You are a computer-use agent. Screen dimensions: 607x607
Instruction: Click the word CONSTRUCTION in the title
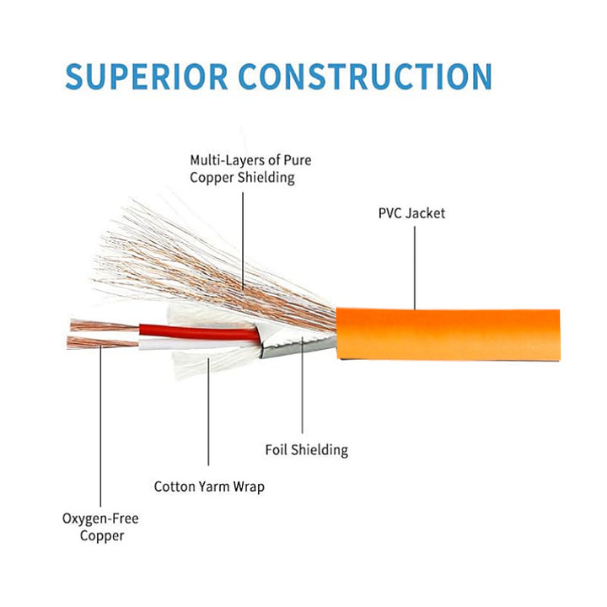click(x=364, y=76)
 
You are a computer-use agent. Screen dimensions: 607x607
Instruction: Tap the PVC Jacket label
click(x=411, y=213)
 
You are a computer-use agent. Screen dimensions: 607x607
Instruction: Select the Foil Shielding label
click(x=306, y=449)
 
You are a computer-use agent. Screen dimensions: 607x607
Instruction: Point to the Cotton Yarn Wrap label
click(x=209, y=486)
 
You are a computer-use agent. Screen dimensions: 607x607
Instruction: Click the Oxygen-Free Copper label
click(x=100, y=527)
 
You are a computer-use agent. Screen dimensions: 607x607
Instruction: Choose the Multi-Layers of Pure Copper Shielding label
click(x=244, y=169)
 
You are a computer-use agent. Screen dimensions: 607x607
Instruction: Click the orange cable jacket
click(x=447, y=334)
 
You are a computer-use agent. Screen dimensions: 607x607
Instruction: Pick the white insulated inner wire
click(x=202, y=344)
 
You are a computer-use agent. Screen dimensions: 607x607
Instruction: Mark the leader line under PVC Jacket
click(x=414, y=266)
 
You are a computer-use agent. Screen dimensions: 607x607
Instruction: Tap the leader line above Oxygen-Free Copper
click(x=100, y=430)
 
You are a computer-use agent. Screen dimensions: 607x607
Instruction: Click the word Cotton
click(x=174, y=486)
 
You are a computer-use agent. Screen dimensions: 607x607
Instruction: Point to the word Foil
click(x=277, y=449)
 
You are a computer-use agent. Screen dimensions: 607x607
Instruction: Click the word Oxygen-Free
click(x=100, y=518)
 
